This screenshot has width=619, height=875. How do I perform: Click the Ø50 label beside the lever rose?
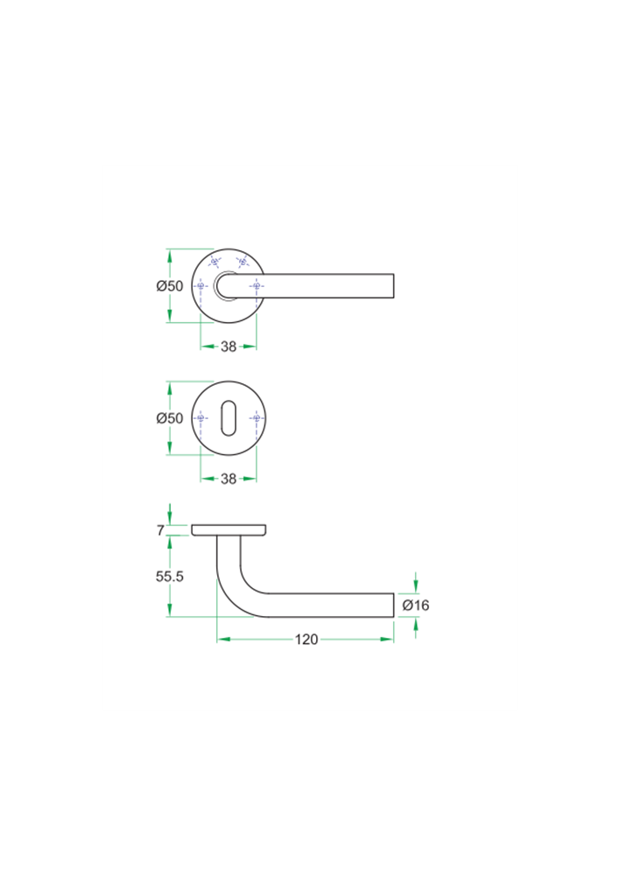(170, 286)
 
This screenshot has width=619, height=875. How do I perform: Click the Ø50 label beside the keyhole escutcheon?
(170, 418)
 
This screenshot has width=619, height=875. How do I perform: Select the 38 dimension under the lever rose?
(229, 346)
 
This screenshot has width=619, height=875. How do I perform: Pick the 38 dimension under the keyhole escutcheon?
(229, 479)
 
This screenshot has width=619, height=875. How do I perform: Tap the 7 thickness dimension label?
(160, 530)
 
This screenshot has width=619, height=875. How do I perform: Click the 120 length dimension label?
(306, 640)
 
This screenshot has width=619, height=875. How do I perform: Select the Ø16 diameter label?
(416, 605)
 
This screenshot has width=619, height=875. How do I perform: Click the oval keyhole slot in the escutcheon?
(229, 418)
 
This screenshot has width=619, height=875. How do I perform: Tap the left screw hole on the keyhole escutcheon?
(201, 418)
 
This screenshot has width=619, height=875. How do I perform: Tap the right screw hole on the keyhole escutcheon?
(256, 418)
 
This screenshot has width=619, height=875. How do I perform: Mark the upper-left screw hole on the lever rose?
(215, 262)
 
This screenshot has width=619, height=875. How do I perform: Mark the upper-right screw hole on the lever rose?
(242, 262)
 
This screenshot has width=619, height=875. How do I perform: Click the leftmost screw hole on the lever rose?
(201, 286)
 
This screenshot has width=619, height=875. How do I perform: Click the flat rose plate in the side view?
(229, 529)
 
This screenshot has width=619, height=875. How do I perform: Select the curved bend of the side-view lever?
(234, 588)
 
